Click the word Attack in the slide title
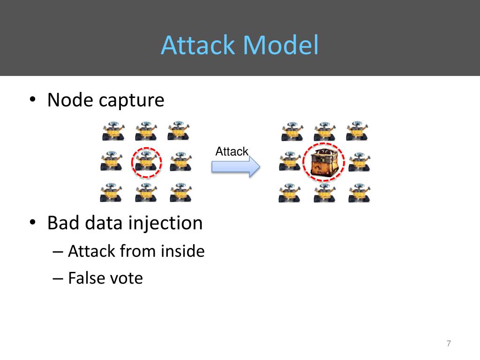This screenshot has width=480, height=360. point(198,46)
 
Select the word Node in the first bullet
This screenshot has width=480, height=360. point(69,100)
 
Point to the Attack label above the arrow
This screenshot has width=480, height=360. point(232,151)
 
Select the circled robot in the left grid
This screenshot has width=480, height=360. point(146,162)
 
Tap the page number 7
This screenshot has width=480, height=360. point(449,344)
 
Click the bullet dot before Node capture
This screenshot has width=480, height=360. point(32,100)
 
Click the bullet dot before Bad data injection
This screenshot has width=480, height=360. point(32,223)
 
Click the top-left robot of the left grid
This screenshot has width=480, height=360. point(113,131)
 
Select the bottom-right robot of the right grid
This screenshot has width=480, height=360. point(359,193)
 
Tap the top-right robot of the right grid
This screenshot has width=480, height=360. point(357,131)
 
